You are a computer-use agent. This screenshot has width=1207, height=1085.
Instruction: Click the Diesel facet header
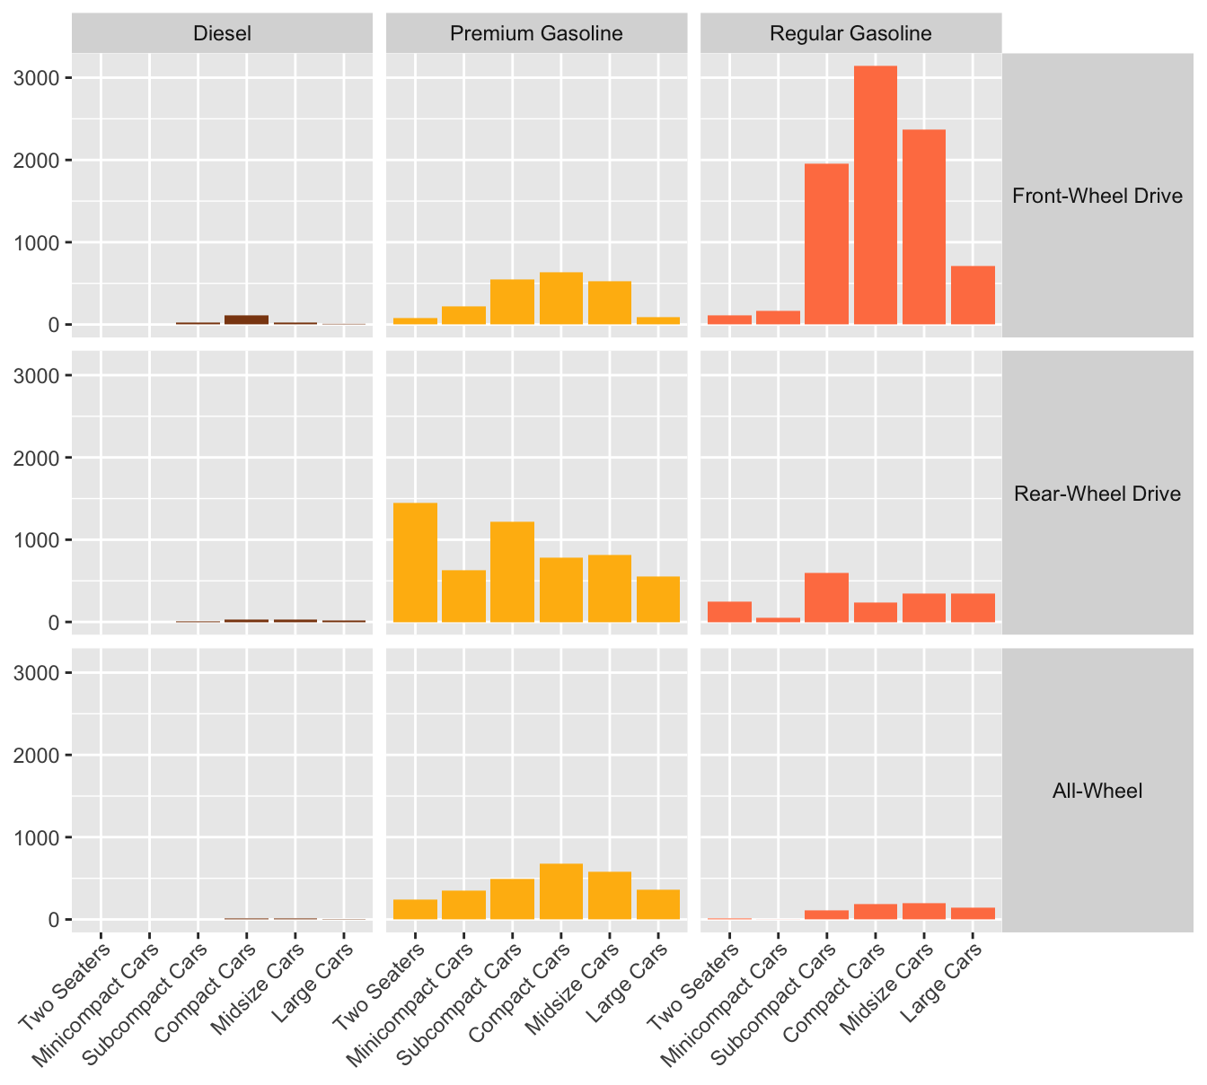[222, 33]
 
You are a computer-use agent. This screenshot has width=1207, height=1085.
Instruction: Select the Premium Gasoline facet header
[536, 33]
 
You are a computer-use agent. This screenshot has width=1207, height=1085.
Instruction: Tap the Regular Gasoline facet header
[850, 33]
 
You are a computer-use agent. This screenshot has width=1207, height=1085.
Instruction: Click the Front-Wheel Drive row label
[1097, 196]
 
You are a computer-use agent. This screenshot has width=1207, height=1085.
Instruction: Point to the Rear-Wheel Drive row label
[1097, 493]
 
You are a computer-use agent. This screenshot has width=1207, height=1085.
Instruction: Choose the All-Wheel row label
[1097, 791]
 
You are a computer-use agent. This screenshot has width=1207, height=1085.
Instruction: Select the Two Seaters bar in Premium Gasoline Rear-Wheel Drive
[415, 563]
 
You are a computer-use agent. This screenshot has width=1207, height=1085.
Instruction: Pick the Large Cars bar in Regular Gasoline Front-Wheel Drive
[973, 295]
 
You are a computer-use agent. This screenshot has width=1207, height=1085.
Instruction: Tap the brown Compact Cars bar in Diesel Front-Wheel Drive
[246, 319]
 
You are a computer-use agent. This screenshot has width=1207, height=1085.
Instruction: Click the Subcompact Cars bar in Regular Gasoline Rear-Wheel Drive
[826, 598]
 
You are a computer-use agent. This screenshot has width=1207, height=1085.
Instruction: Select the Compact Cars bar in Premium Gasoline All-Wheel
[560, 891]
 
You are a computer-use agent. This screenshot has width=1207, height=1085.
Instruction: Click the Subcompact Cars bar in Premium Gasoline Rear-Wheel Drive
[512, 572]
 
